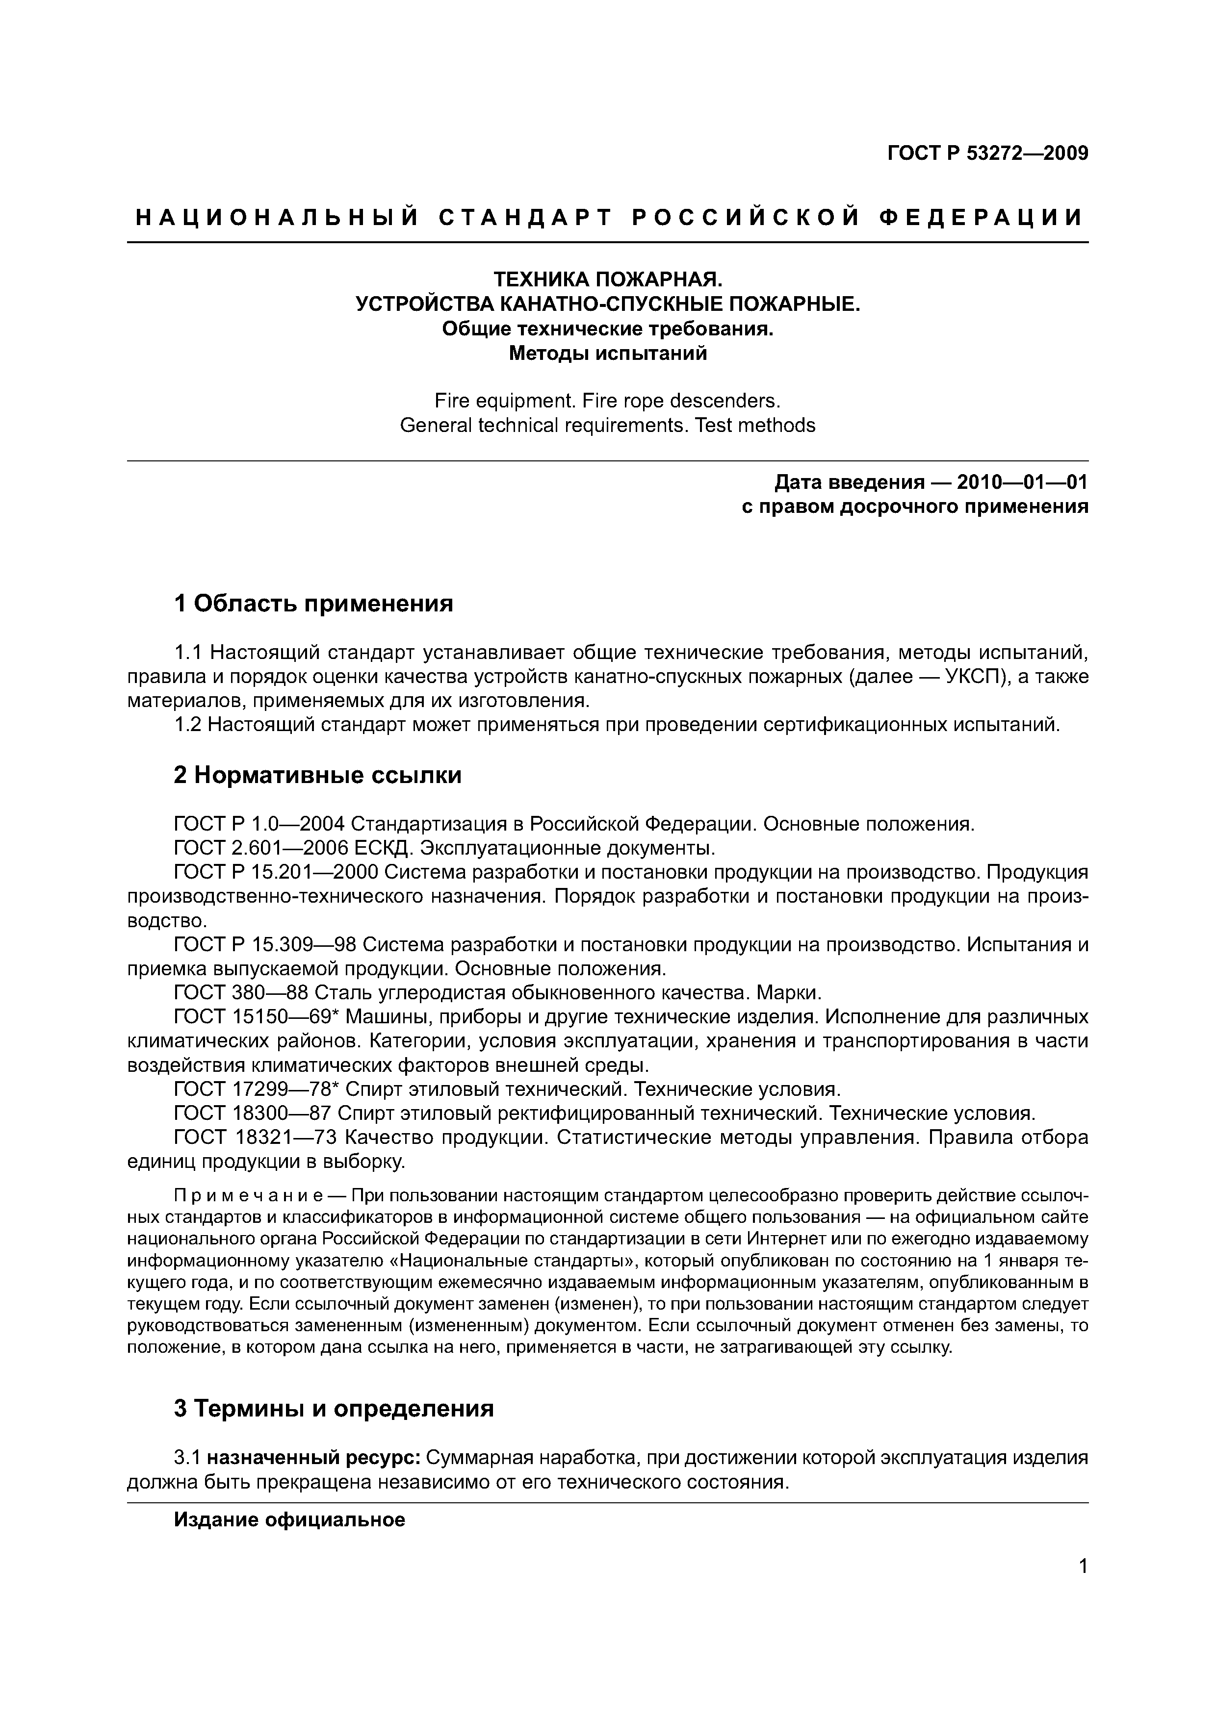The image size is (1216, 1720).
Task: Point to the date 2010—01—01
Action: point(1020,481)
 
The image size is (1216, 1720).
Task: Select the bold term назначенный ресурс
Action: point(314,1459)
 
